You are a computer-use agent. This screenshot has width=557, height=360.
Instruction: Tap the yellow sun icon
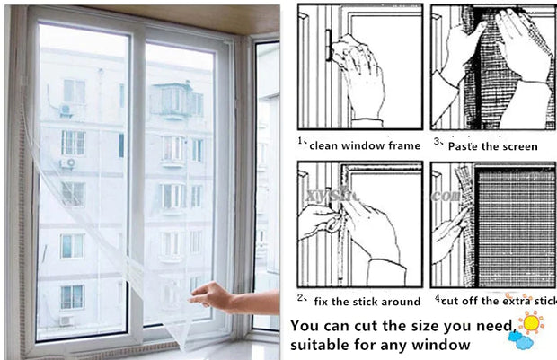531,320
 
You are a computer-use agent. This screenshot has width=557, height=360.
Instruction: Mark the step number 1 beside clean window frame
300,141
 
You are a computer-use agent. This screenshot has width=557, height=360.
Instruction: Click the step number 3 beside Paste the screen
438,142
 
